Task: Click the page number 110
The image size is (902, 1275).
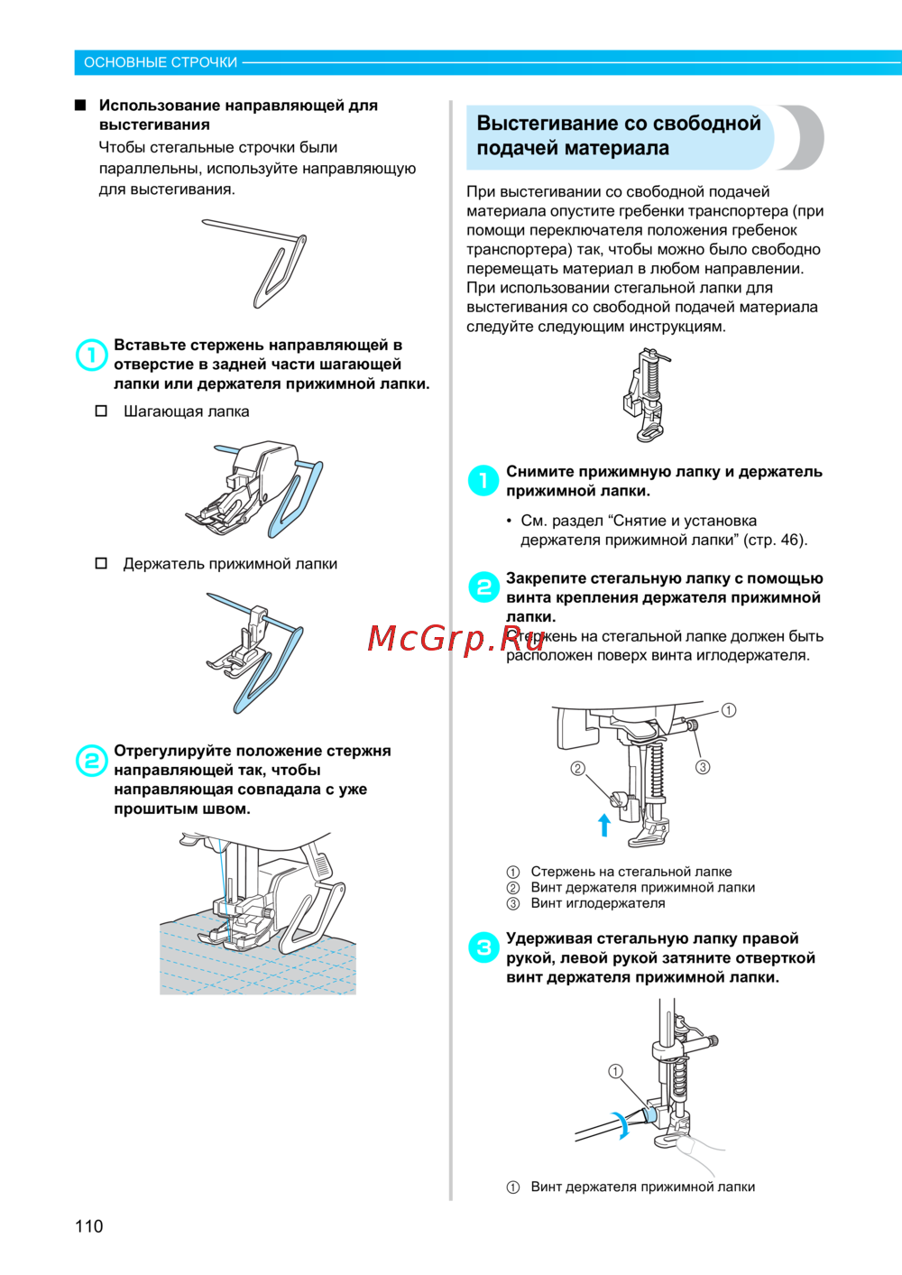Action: pos(88,1226)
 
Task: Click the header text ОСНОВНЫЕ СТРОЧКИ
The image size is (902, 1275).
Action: pos(161,62)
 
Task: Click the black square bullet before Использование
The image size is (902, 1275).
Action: pos(80,106)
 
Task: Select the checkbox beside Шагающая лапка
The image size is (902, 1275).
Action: pos(101,411)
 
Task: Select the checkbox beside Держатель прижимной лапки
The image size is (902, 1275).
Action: pos(101,563)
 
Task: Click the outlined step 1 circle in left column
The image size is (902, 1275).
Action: pos(92,356)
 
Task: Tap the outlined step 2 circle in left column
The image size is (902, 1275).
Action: pos(92,761)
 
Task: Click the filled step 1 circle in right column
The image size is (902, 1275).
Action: pos(483,481)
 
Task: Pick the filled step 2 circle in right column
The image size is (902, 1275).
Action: pos(483,587)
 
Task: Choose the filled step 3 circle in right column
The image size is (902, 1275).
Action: pos(483,947)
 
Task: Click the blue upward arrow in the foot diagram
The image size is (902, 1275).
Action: pos(604,825)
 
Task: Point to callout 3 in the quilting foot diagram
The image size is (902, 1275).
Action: pos(703,767)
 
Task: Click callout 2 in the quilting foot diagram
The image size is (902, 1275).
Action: pos(577,769)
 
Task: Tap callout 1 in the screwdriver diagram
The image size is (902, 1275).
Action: pos(615,1072)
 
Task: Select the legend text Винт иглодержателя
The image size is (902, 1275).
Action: pos(597,903)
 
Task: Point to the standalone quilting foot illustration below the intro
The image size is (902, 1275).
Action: pos(647,395)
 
